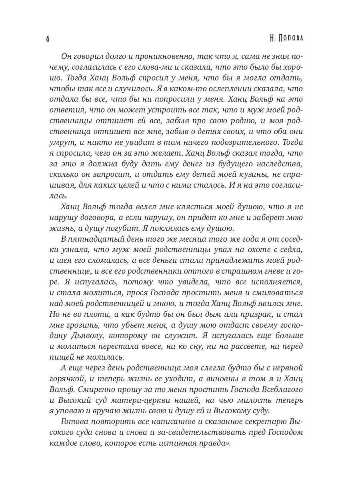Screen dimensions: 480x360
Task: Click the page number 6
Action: (x=48, y=39)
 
